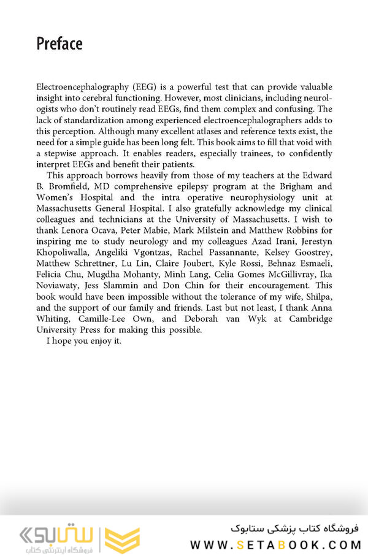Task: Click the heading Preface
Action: coord(59,44)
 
